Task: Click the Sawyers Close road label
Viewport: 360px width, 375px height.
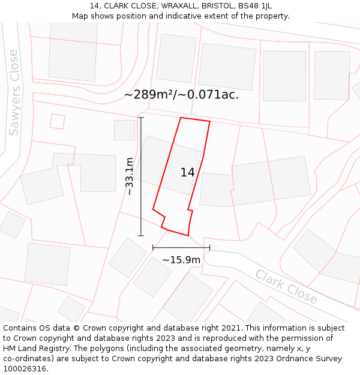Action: [x=14, y=93]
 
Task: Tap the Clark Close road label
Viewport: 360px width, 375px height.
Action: [x=286, y=286]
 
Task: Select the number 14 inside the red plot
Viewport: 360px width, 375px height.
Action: [x=187, y=173]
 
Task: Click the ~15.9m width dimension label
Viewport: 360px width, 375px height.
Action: [x=181, y=260]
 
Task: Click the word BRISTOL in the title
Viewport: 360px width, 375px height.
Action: [x=217, y=5]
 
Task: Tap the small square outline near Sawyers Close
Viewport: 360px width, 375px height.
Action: [x=57, y=121]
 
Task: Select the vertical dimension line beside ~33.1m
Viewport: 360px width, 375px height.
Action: [x=141, y=176]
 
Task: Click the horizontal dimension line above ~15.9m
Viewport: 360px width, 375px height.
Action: [x=181, y=247]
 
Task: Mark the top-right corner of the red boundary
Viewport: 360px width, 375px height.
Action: [x=209, y=122]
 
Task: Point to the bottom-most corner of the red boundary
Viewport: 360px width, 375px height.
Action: [x=188, y=235]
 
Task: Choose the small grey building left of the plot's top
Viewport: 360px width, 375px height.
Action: [x=125, y=130]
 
